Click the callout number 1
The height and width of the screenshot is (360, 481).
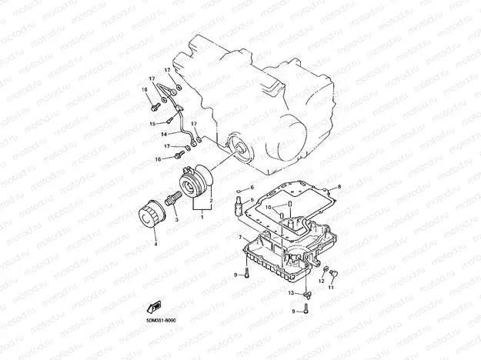tap(202, 218)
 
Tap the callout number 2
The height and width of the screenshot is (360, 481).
tap(211, 199)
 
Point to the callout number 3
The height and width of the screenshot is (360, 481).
tap(176, 220)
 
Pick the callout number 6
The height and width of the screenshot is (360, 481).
tap(251, 187)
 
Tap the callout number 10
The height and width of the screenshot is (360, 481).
tap(269, 207)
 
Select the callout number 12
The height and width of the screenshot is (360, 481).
tap(322, 281)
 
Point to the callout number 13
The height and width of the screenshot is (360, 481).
tap(292, 294)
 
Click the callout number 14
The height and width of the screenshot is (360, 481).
tap(164, 134)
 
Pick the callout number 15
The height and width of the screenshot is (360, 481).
tap(152, 123)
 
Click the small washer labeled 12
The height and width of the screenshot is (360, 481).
tap(326, 269)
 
